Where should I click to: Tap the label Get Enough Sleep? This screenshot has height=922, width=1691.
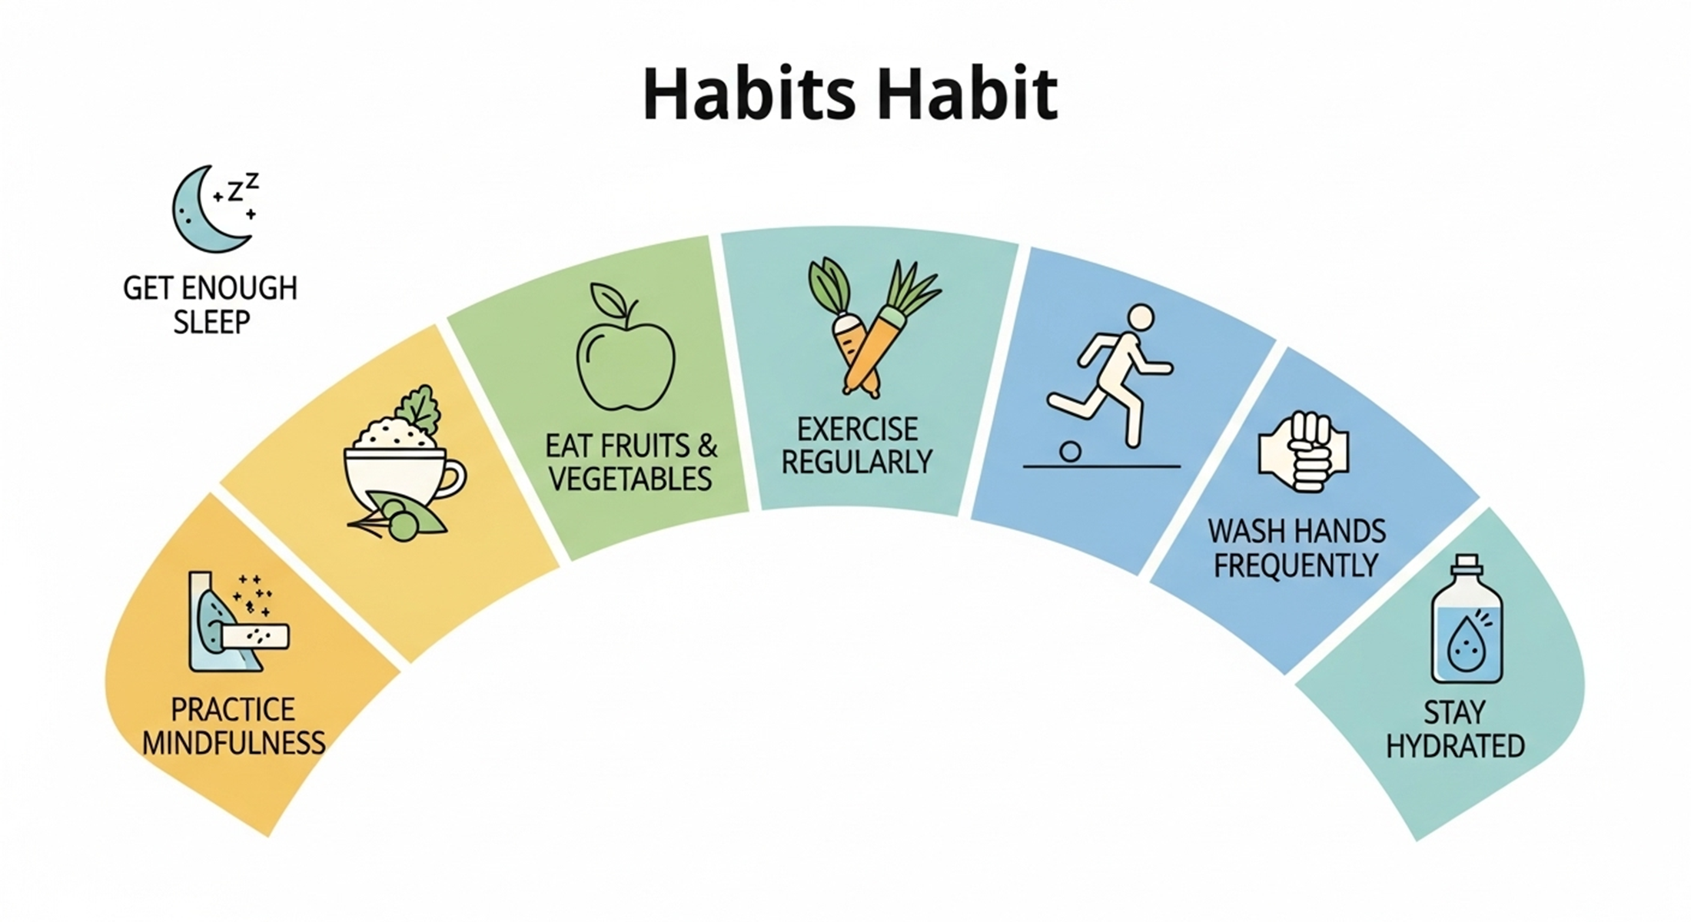(210, 304)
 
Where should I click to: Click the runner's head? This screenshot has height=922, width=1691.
(1141, 317)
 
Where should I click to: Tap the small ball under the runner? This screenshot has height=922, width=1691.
(1070, 451)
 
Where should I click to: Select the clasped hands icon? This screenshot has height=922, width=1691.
(1304, 452)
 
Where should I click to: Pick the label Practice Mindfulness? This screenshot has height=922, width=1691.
(234, 726)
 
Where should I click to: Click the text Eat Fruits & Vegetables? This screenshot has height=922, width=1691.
(631, 462)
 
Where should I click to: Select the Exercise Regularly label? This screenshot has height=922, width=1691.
(857, 446)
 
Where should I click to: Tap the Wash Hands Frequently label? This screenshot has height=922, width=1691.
(1297, 548)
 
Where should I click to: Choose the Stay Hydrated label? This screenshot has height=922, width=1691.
(1455, 729)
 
